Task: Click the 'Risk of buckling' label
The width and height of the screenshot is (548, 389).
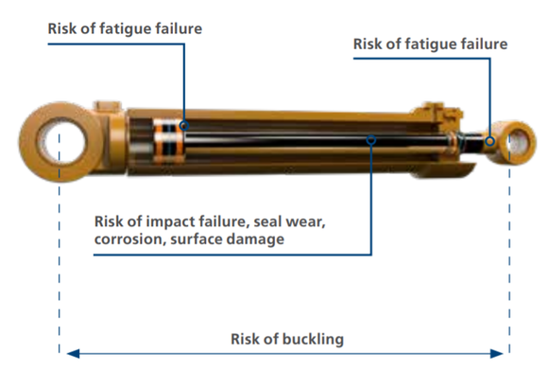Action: click(x=287, y=339)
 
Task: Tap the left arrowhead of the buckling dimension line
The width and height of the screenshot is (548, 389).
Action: click(x=73, y=354)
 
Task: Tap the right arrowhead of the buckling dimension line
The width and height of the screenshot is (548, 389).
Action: click(x=496, y=354)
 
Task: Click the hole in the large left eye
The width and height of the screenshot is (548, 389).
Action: click(x=61, y=141)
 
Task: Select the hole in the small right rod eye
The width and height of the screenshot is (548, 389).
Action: click(x=520, y=141)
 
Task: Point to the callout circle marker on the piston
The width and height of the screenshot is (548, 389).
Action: click(x=184, y=125)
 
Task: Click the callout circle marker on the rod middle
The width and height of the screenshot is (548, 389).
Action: click(x=371, y=140)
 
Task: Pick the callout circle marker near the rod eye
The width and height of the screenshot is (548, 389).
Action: click(x=490, y=141)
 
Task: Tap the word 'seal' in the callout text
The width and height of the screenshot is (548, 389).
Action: click(x=267, y=221)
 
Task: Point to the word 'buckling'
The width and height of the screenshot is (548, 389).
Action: click(x=313, y=339)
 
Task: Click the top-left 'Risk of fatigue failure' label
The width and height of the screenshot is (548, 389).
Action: click(x=125, y=28)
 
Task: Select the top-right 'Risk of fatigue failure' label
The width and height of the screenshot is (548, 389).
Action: click(x=430, y=44)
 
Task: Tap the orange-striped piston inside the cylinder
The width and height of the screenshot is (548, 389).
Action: click(x=168, y=141)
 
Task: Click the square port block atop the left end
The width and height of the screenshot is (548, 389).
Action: click(x=108, y=106)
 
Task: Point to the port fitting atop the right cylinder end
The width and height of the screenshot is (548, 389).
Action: click(x=438, y=112)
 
